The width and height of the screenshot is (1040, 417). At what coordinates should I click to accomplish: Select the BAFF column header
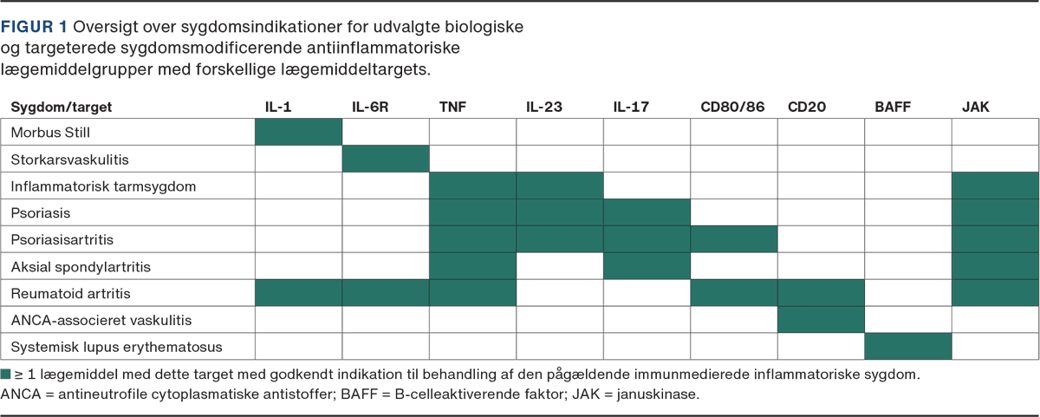(892, 107)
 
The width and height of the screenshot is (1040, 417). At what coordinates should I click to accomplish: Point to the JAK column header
(975, 107)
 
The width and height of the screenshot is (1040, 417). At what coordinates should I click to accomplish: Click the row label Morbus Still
(50, 133)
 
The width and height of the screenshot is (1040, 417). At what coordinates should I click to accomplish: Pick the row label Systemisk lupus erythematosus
(116, 348)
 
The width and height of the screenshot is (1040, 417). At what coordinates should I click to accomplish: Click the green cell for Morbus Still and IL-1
(299, 133)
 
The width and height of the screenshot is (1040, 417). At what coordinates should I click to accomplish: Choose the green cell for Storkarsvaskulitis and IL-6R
(386, 160)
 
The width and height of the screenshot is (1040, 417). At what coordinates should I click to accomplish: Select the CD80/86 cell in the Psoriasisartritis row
(733, 239)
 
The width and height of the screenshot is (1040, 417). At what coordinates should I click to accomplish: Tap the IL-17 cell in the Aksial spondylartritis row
(647, 266)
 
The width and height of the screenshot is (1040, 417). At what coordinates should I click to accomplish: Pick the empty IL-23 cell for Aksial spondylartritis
(560, 266)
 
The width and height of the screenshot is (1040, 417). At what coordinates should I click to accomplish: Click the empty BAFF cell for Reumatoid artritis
(907, 293)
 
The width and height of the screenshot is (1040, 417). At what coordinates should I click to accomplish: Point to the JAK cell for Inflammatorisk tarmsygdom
(995, 186)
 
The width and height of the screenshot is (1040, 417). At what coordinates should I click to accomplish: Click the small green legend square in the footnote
(6, 375)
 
